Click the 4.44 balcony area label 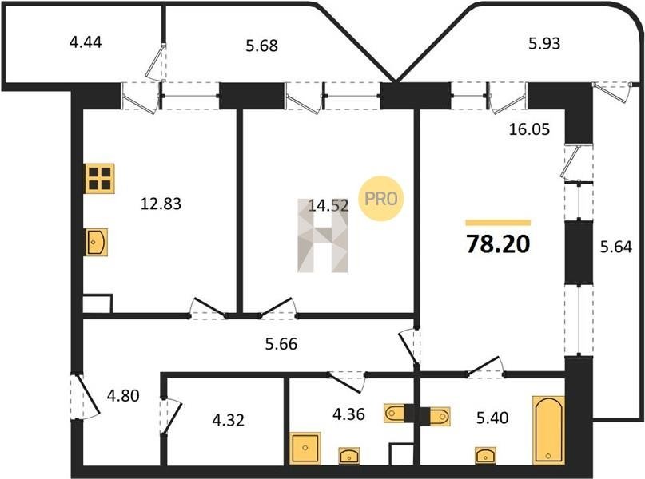[x=86, y=42]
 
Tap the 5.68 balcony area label [x=261, y=46]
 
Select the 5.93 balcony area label [x=544, y=43]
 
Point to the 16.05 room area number [x=529, y=129]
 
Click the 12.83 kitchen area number [x=161, y=204]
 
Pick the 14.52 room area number [x=328, y=205]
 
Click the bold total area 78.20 [x=498, y=244]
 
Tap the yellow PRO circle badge [x=381, y=199]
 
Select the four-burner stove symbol [x=100, y=179]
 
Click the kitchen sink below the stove [x=97, y=243]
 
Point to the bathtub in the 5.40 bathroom [x=548, y=430]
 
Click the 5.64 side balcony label [x=616, y=247]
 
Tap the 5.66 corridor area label [x=281, y=344]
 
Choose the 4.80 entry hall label [x=123, y=396]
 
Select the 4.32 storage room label [x=229, y=420]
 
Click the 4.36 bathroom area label [x=348, y=414]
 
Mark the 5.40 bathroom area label [x=492, y=418]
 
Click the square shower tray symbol [x=305, y=448]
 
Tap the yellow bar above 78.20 [x=498, y=223]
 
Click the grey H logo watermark [x=323, y=236]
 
